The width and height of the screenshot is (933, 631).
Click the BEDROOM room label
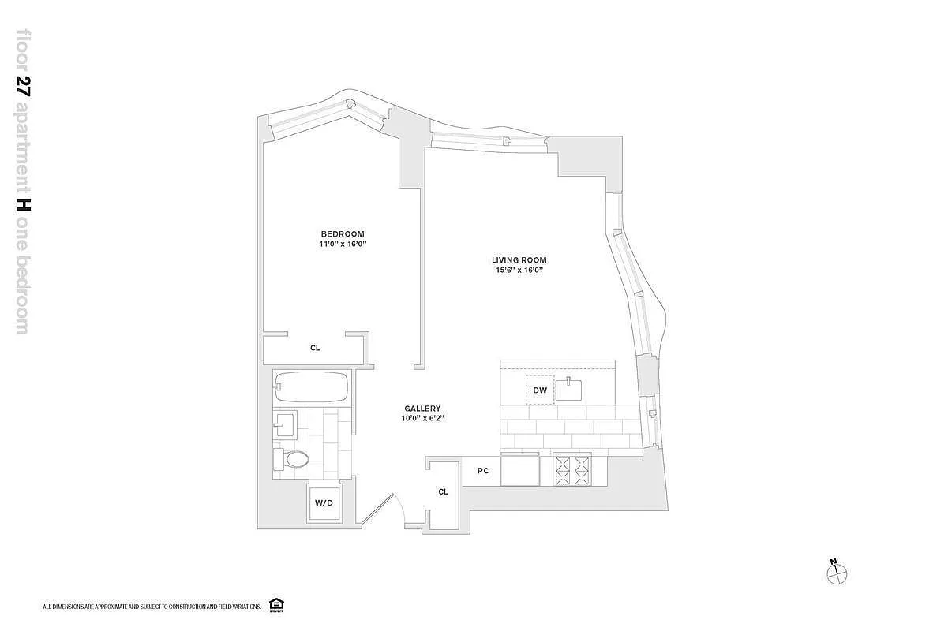pos(343,233)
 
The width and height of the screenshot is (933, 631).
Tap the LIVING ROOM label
pos(519,260)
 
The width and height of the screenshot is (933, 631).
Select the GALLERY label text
pos(422,409)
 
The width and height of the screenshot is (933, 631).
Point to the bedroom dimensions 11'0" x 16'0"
pos(343,244)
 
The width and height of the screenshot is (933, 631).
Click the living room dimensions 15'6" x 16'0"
pos(519,270)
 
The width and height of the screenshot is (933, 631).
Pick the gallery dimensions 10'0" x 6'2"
pos(422,418)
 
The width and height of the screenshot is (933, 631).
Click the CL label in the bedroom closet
pos(315,348)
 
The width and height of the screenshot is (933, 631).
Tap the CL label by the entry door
pos(443,492)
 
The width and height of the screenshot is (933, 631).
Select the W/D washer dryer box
pos(324,503)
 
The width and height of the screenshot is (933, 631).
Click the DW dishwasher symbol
pos(540,390)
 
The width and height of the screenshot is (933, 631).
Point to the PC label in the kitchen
pos(483,470)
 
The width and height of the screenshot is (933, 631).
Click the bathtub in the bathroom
pos(312,387)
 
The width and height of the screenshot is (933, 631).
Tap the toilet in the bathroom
pos(291,459)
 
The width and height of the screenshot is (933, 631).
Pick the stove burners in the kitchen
pos(572,470)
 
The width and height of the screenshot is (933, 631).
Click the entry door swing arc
pos(399,507)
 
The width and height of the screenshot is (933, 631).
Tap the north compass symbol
pos(837,573)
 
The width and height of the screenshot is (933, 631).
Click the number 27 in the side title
pos(23,86)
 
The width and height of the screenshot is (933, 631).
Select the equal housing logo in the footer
pos(276,605)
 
